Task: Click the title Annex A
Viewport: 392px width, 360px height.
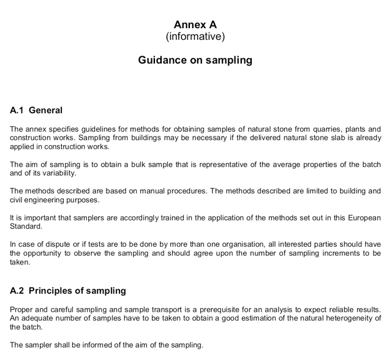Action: tap(195, 24)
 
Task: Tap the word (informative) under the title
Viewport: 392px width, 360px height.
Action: tap(195, 37)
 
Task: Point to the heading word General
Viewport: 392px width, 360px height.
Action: tap(46, 111)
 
